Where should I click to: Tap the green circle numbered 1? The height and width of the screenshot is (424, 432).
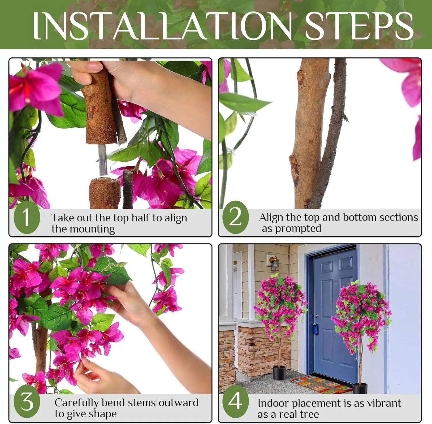coord(26,217)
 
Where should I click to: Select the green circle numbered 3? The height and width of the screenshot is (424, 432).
coord(27,402)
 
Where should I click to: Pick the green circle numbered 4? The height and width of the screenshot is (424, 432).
coord(235,401)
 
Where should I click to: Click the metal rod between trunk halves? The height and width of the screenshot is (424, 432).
coord(102,160)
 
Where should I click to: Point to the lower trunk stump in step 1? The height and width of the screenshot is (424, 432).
coord(105,193)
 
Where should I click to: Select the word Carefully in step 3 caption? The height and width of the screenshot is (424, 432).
coord(77,403)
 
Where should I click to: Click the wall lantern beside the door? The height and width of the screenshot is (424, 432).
coord(274,263)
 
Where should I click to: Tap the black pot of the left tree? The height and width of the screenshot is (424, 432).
coord(279,372)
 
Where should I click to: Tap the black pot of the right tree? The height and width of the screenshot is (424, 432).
coord(360,388)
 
